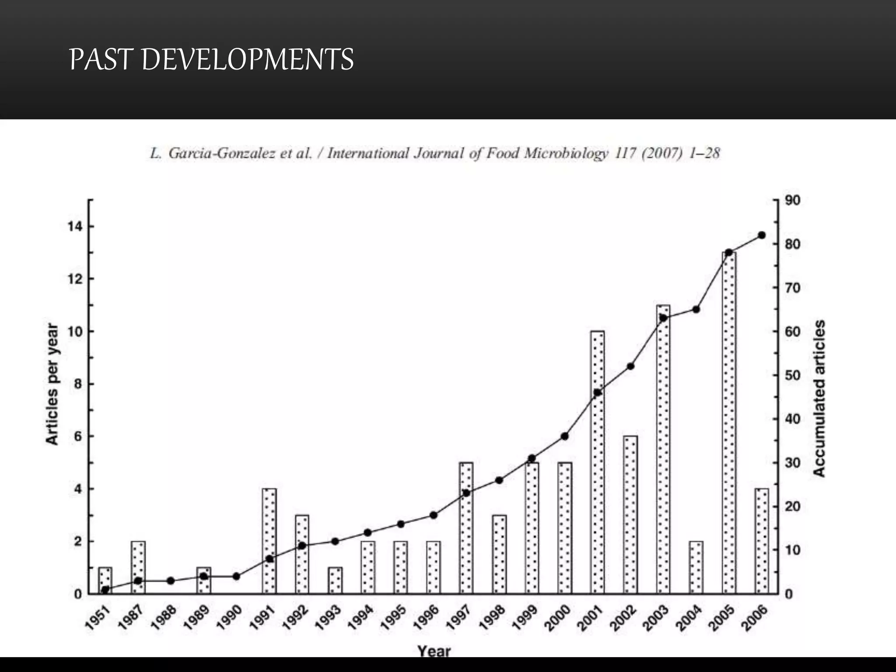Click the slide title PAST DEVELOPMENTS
pos(211,59)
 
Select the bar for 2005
pos(729,423)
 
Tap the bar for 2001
pos(598,462)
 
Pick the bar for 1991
pos(269,541)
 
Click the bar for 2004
pos(696,567)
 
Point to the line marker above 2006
pos(762,235)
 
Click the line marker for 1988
pos(171,581)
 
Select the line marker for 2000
pos(565,436)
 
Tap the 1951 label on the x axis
pos(97,616)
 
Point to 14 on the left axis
pos(74,226)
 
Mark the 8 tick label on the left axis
pos(78,384)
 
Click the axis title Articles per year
pos(52,385)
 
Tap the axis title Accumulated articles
pos(819,398)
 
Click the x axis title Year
pos(434,651)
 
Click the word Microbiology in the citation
pos(566,154)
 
